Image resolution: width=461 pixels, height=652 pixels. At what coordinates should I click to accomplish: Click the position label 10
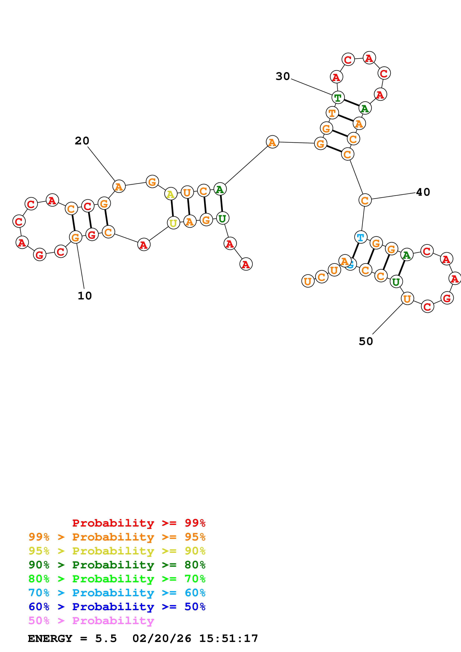[85, 296]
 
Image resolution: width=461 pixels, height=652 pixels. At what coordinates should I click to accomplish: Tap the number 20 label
[82, 141]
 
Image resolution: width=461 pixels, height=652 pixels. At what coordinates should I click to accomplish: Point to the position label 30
[283, 76]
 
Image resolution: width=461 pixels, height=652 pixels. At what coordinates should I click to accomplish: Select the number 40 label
[423, 192]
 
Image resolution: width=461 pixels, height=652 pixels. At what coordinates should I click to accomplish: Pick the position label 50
[366, 342]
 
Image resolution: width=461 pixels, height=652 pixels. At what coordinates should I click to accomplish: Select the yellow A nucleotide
[171, 194]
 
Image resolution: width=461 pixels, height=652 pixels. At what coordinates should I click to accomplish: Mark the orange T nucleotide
[332, 113]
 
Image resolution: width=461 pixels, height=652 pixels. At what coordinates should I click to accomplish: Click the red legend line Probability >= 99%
[139, 523]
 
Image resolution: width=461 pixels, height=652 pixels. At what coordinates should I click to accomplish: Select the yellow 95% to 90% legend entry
[117, 551]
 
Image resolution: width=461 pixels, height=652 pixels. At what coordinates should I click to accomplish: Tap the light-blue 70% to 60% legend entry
[117, 593]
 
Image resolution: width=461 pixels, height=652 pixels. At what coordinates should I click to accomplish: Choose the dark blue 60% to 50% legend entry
[117, 607]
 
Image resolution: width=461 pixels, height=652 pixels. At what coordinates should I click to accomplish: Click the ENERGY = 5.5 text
[72, 639]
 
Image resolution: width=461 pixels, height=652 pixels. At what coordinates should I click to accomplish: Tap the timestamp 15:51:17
[229, 639]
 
